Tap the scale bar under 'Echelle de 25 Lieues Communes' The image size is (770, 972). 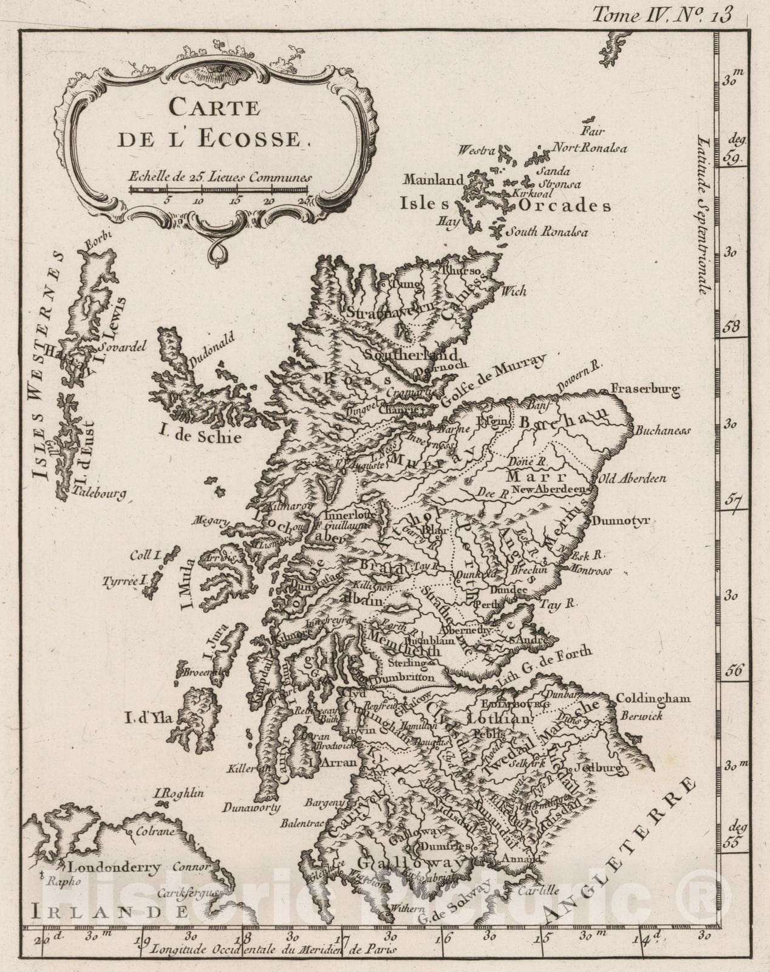coord(219,190)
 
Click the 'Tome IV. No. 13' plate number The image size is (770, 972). coord(662,13)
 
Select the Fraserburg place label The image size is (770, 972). coord(646,389)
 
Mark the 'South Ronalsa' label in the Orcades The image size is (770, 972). coord(547,231)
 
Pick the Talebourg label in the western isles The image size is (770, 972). coord(100,493)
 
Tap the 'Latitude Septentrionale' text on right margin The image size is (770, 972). coord(704,207)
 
